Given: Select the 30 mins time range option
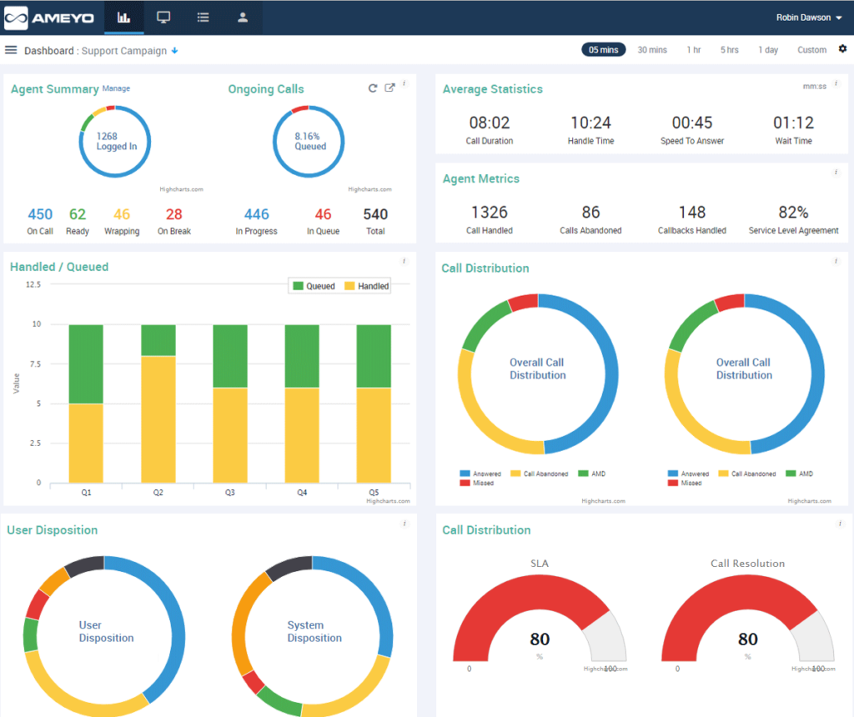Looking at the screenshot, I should coord(652,50).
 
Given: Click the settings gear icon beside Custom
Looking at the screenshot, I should coord(842,49).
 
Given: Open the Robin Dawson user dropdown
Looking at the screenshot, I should coord(808,18).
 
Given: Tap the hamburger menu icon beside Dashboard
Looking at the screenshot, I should coord(11,50).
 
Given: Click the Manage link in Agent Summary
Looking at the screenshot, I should coord(116,88).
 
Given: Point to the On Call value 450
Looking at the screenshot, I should coord(40,214).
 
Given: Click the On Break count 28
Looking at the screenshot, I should coord(173,214).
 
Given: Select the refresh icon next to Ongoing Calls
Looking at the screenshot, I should coord(373,88).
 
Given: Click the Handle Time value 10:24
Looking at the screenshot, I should coord(590,123).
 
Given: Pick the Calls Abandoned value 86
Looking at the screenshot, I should coord(590,213).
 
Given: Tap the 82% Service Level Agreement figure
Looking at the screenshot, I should coord(793,213).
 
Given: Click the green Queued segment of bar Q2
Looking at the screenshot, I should coord(158,340).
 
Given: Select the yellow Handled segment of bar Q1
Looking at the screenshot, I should coord(86,443).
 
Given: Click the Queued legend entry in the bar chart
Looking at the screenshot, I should coord(313,286).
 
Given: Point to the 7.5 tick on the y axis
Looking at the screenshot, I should coord(33,364).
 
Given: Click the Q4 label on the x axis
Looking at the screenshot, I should coord(302,493).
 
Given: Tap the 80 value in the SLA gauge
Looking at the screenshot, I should coord(540,639).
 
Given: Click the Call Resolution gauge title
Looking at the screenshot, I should coord(747,564).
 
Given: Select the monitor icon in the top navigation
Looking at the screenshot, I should coord(163,18).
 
